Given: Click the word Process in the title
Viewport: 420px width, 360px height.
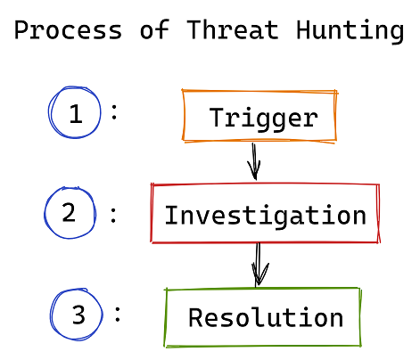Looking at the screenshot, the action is pos(69,29).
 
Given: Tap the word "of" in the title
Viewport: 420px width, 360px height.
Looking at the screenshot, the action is pos(154,29).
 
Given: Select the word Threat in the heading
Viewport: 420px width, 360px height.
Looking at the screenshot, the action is pos(233,29).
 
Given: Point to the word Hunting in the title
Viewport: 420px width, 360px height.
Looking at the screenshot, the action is pos(350,31).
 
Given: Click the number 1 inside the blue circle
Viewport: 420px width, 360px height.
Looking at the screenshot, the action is pos(76,114).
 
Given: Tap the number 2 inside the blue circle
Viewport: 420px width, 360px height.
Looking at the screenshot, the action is pos(69,212).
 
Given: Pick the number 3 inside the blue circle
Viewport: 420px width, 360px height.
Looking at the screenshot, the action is pos(78,315).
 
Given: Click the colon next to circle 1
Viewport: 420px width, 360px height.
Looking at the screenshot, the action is pos(114,112).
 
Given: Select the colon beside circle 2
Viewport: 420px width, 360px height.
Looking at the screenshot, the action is pos(113,216).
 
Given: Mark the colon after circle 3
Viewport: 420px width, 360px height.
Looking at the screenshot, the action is pos(118,315).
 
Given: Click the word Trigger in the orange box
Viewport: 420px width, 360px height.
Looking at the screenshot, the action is pos(264,119).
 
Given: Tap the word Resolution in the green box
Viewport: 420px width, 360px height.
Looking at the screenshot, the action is pos(266,317).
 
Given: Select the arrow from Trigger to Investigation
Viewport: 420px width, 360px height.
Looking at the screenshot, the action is pos(254,161).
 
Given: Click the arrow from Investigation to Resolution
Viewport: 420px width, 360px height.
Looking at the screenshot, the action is pos(259,265).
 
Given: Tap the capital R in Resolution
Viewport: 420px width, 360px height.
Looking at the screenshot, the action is pos(196,317).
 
